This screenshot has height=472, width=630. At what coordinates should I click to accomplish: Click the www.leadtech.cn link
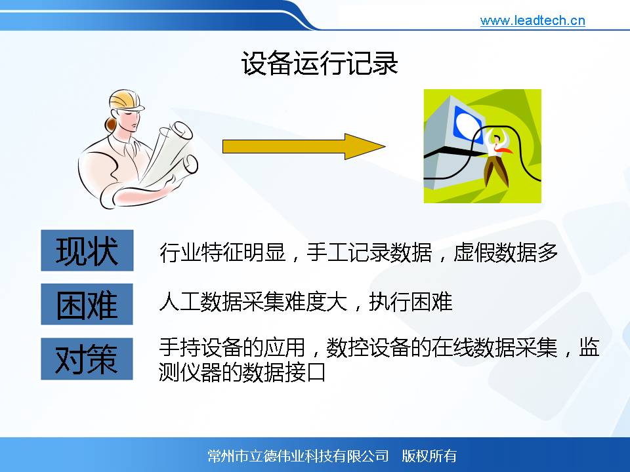(532, 20)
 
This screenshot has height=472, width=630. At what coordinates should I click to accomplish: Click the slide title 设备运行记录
(320, 63)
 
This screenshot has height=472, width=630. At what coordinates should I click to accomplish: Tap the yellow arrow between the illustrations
(304, 146)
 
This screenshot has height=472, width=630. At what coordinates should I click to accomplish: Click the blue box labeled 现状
(87, 250)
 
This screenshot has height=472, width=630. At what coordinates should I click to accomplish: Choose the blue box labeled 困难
(87, 304)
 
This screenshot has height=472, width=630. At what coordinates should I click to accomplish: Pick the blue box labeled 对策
(87, 359)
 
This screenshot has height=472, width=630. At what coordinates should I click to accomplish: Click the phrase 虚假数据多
(505, 252)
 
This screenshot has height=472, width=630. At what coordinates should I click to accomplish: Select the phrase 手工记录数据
(369, 252)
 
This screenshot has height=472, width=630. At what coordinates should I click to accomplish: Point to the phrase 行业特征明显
(222, 252)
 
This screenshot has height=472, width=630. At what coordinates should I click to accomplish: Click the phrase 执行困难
(411, 302)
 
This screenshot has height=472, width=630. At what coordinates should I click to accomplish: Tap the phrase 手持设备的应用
(232, 347)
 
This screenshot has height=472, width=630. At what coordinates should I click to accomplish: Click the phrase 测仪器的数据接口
(242, 372)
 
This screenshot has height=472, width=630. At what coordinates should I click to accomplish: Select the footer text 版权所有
(429, 456)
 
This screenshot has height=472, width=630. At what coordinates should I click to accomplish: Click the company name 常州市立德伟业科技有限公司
(298, 456)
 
